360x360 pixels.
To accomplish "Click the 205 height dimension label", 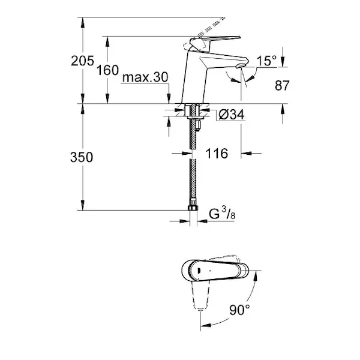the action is coord(82,61).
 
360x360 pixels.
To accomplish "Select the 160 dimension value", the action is coord(107,70).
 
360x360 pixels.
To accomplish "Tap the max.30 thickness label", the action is coord(145,77).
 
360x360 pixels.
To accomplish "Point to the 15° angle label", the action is coord(266,61).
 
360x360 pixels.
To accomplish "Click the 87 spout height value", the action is coord(282,85).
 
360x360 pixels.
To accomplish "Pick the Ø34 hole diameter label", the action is coord(231,115).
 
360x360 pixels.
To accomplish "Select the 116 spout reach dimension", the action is coord(217,154).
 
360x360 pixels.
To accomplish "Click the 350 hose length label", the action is coord(82,157).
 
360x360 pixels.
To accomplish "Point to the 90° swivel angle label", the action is coord(239,310).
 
